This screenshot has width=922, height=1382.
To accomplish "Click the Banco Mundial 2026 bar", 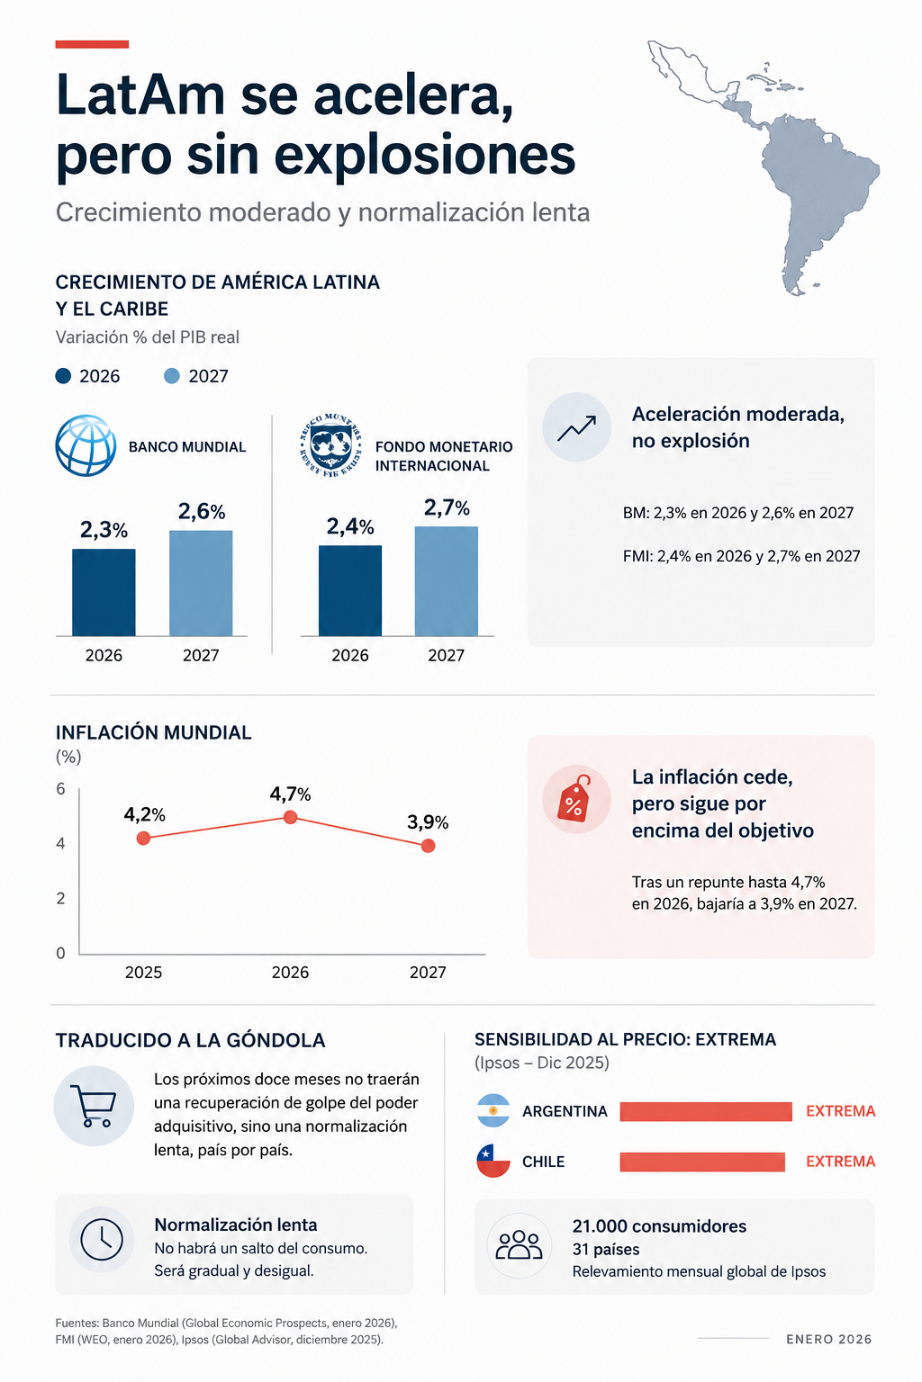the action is (x=104, y=592).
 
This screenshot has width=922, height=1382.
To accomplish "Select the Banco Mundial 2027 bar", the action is (x=201, y=583).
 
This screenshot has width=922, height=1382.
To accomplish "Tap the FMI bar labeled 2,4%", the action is (x=350, y=590).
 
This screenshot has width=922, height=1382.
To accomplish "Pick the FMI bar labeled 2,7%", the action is (x=447, y=581).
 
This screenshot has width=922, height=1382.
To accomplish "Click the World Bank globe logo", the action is (x=86, y=445).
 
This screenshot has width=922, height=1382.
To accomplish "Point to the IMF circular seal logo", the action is (x=331, y=445).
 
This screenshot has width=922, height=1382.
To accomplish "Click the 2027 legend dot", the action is (x=172, y=376).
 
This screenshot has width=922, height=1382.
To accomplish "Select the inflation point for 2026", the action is (x=290, y=818).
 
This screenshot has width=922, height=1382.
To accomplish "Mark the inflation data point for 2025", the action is (x=143, y=838).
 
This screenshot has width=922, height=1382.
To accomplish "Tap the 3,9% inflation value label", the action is (x=428, y=821).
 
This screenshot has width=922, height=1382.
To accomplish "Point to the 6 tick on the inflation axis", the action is (x=60, y=788).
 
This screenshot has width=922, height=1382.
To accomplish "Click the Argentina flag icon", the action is (x=493, y=1110).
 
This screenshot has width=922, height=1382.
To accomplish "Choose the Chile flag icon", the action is (x=493, y=1162).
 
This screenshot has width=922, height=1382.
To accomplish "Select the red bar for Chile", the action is (x=702, y=1162).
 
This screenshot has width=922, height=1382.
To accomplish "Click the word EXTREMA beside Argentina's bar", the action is (x=840, y=1111).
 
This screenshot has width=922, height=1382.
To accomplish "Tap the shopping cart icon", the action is (x=94, y=1106).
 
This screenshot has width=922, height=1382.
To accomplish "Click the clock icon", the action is (x=102, y=1240).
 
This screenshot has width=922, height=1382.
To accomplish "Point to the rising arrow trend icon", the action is (x=577, y=427).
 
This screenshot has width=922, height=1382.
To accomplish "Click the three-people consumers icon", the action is (x=520, y=1245).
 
